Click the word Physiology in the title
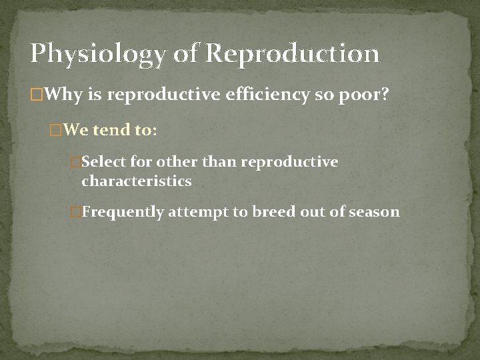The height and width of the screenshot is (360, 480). pos(98,54)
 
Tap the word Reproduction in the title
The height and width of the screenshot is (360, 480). pos(293,54)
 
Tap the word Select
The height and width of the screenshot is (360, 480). pos(103,162)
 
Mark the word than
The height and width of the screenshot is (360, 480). pos(219,162)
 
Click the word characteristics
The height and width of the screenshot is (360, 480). pos(136,181)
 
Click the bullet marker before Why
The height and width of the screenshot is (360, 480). pos(36,96)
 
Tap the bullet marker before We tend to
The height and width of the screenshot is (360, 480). pos(56,131)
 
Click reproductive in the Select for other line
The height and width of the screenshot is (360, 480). pos(289,162)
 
